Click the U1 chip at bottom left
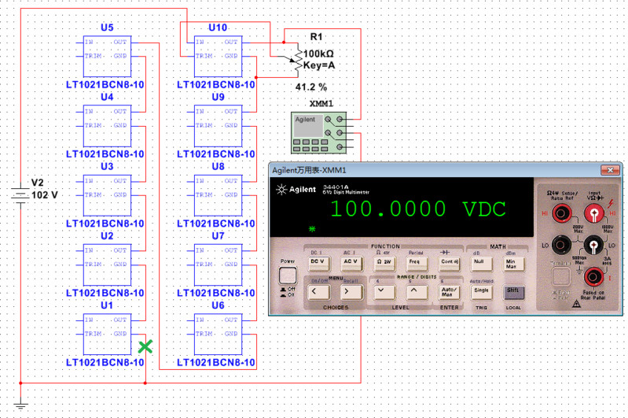point(105,334)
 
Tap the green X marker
point(145,346)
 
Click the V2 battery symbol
point(20,194)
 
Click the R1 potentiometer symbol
point(297,57)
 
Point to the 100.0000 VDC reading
point(417,209)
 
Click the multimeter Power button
point(288,276)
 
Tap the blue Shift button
point(513,290)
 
